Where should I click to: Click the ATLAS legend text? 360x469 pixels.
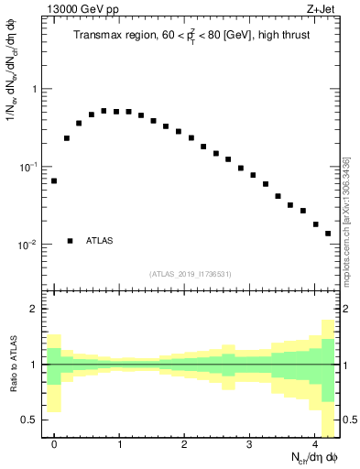pyautogui.click(x=100, y=241)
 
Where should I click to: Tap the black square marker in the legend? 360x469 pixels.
pyautogui.click(x=71, y=241)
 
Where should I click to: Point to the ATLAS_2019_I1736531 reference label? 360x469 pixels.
pyautogui.click(x=191, y=274)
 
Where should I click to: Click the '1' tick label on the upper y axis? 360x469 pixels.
pyautogui.click(x=35, y=89)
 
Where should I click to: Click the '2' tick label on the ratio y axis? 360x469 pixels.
pyautogui.click(x=35, y=310)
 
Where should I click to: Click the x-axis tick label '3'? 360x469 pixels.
pyautogui.click(x=250, y=442)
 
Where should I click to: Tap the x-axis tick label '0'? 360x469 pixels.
pyautogui.click(x=54, y=442)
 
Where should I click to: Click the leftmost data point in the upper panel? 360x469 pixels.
pyautogui.click(x=54, y=180)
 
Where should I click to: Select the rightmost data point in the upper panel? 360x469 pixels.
pyautogui.click(x=328, y=233)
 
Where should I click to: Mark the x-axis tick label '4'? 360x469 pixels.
pyautogui.click(x=315, y=442)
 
